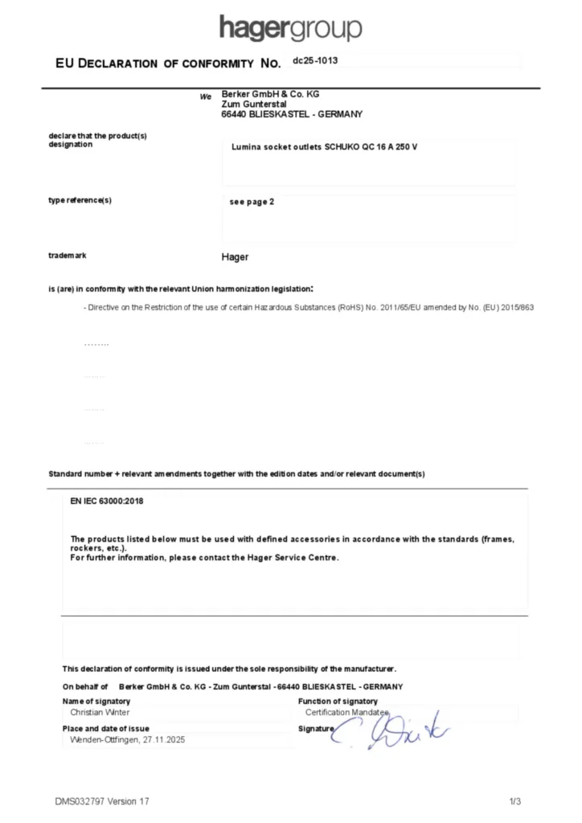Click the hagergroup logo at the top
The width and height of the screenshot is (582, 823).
coord(290,29)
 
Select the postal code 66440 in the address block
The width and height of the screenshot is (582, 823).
coord(233,115)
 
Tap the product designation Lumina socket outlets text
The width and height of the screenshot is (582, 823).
coord(324,149)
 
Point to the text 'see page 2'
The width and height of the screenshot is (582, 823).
coord(252,202)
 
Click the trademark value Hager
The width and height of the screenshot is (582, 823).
coord(235,257)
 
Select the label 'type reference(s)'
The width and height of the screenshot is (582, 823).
coord(80,200)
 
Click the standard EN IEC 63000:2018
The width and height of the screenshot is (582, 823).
coord(107,502)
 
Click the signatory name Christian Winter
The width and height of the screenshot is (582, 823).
coord(100,712)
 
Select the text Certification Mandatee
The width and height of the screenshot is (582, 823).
coord(346,712)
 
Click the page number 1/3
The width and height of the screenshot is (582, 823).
coord(515,801)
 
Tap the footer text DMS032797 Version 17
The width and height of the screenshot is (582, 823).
coord(102,801)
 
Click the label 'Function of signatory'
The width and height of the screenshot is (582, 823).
coord(337,702)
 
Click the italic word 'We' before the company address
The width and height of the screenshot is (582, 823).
coord(206,96)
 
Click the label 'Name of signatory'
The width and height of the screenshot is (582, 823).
coord(96,702)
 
